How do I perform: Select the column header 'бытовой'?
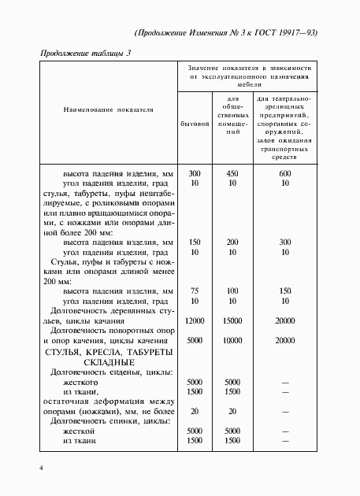tap(194, 124)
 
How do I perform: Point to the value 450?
tap(232, 173)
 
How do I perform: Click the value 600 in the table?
tap(286, 173)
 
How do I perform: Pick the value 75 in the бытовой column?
tap(195, 291)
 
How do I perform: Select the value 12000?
tap(195, 321)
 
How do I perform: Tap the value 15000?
tap(232, 321)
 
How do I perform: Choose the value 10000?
tap(232, 341)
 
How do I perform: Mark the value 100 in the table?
tap(232, 291)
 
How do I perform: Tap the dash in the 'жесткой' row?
tap(286, 432)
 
